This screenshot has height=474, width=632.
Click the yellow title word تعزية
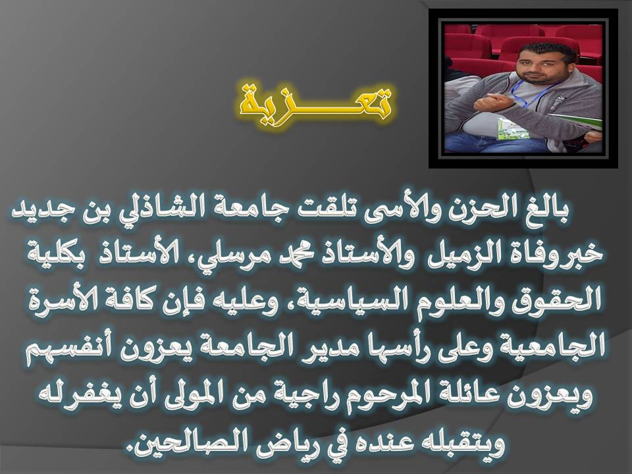point(315,103)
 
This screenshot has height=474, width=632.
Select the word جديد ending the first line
point(35,211)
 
